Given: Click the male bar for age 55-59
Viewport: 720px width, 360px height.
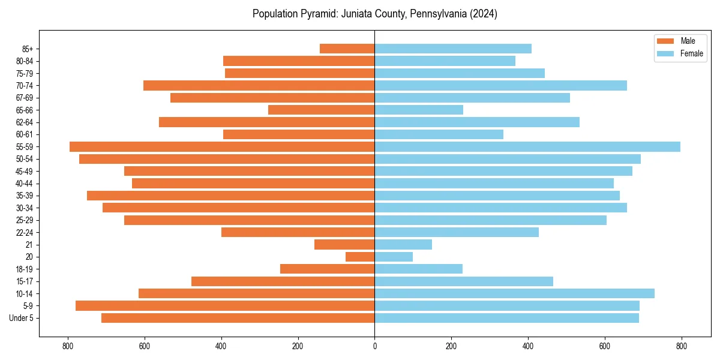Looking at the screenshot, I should (222, 146).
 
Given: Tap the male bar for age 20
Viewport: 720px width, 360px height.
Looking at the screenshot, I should (360, 257).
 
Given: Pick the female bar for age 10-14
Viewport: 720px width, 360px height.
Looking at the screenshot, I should (514, 293).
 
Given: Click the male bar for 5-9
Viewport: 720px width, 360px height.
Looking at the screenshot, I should (225, 305).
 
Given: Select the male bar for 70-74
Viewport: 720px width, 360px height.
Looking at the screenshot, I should (259, 85).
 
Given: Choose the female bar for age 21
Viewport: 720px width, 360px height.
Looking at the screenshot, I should (403, 244).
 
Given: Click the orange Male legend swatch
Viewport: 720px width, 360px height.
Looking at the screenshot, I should (666, 41).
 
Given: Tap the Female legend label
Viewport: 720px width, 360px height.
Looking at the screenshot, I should (691, 53).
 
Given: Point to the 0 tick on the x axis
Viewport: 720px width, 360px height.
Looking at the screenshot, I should (374, 346).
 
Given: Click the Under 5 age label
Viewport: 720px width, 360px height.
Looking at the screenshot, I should (22, 318).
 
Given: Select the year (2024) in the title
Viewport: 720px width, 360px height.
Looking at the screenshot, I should (484, 14).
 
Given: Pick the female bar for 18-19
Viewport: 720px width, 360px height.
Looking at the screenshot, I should (418, 269).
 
